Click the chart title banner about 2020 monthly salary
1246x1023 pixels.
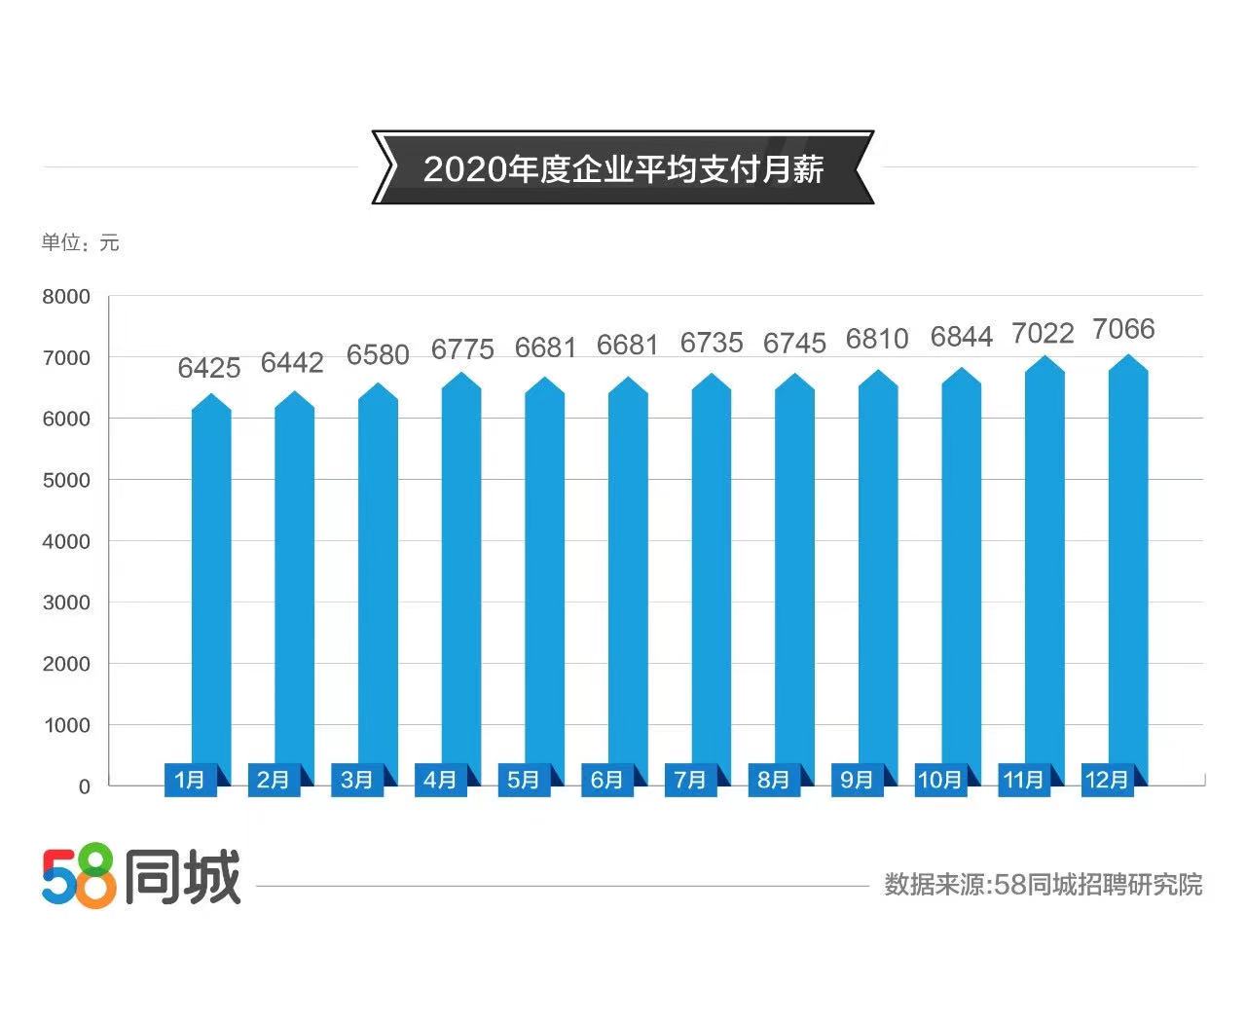[623, 168]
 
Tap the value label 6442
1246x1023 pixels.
[292, 363]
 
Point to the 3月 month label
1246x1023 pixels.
[357, 780]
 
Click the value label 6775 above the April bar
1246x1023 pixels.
[462, 348]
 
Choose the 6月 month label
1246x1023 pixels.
[606, 780]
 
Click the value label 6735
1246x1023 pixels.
[712, 343]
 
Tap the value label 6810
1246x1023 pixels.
[877, 339]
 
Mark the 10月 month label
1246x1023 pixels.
[939, 780]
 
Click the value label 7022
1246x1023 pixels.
[1043, 334]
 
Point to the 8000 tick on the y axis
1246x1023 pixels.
[66, 297]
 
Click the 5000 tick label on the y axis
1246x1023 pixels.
[66, 480]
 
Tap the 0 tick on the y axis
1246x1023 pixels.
[85, 786]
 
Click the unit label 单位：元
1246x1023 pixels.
[80, 242]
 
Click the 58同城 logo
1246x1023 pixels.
[141, 878]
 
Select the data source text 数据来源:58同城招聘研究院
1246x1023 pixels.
[1043, 885]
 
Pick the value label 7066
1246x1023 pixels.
[1123, 329]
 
